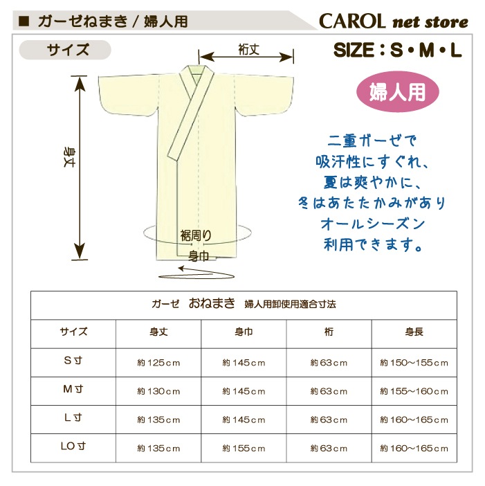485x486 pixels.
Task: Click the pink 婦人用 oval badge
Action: [x=397, y=92]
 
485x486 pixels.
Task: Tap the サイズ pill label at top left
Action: [x=65, y=50]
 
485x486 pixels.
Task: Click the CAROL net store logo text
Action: [x=393, y=21]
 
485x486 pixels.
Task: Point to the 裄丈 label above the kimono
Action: [x=248, y=50]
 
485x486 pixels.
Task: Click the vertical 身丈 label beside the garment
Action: [x=68, y=157]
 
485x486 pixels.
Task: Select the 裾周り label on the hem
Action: [x=196, y=236]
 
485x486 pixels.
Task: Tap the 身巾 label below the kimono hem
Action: [x=199, y=256]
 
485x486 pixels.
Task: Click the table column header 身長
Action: [x=414, y=332]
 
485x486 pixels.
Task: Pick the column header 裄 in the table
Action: [x=329, y=332]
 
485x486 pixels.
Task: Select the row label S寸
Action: [x=73, y=361]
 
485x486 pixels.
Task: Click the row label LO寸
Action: [x=73, y=446]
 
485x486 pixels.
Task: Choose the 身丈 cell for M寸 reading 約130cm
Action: [x=158, y=391]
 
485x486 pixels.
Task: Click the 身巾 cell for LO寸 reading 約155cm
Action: [x=244, y=449]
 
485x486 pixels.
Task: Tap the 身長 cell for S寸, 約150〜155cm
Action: [x=414, y=363]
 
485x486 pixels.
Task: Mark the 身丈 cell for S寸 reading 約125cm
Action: [x=158, y=363]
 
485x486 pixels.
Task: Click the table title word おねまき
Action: [x=212, y=303]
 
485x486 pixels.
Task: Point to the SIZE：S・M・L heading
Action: [x=397, y=51]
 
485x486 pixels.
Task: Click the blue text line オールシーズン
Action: [x=373, y=224]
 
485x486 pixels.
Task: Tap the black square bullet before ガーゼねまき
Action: [x=24, y=21]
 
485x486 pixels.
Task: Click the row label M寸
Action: [x=73, y=389]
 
